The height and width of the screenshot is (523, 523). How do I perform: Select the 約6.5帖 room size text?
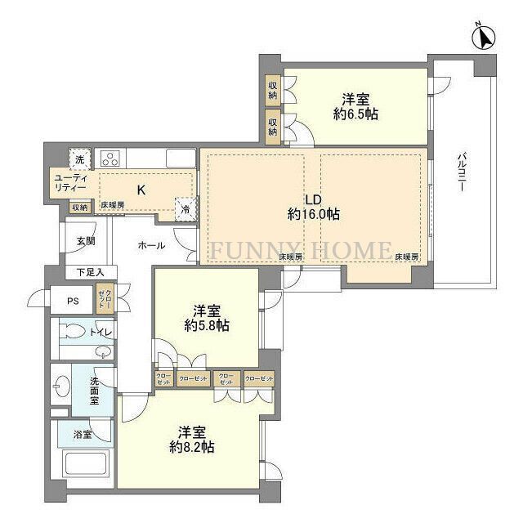pyautogui.click(x=355, y=114)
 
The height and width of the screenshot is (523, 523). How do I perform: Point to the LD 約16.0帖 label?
pyautogui.click(x=313, y=207)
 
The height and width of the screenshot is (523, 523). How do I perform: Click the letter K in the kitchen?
pyautogui.click(x=141, y=190)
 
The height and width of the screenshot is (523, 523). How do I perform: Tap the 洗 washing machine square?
pyautogui.click(x=79, y=159)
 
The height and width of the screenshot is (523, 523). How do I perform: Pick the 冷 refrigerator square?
pyautogui.click(x=186, y=209)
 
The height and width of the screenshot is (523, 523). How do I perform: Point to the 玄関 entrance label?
pyautogui.click(x=86, y=241)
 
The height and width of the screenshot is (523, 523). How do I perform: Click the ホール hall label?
pyautogui.click(x=151, y=245)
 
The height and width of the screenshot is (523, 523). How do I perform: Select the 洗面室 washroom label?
pyautogui.click(x=95, y=393)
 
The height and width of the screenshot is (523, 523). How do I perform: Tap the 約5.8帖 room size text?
pyautogui.click(x=206, y=325)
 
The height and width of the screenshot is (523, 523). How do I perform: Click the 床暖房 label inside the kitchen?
pyautogui.click(x=113, y=205)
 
